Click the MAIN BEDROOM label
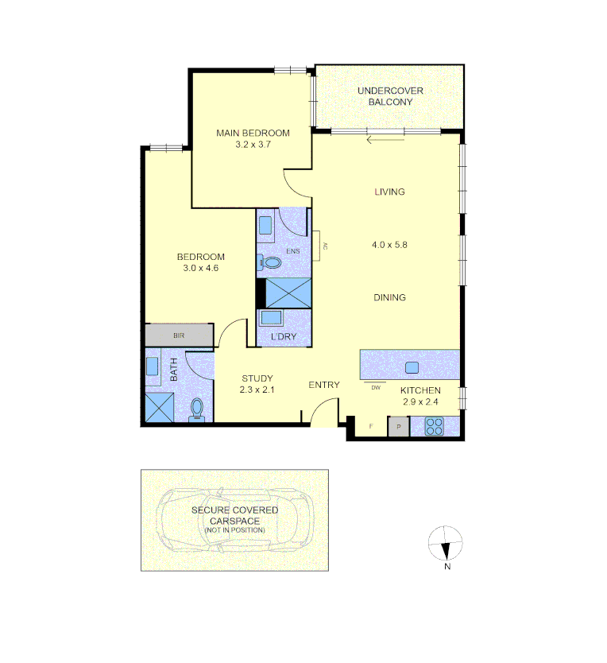pyautogui.click(x=253, y=133)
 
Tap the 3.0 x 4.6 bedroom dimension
pyautogui.click(x=201, y=268)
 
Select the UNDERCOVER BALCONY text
pyautogui.click(x=390, y=96)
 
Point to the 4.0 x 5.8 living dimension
pyautogui.click(x=389, y=245)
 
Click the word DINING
pyautogui.click(x=389, y=297)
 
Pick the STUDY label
pyautogui.click(x=257, y=378)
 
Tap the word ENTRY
pyautogui.click(x=324, y=385)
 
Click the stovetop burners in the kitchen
pyautogui.click(x=434, y=426)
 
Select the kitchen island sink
pyautogui.click(x=412, y=367)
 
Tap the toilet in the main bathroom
pyautogui.click(x=196, y=410)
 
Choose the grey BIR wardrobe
pyautogui.click(x=180, y=335)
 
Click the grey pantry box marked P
pyautogui.click(x=399, y=427)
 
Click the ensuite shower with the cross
pyautogui.click(x=288, y=293)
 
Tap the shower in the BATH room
pyautogui.click(x=160, y=407)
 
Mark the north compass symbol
pyautogui.click(x=445, y=543)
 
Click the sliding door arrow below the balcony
pyautogui.click(x=385, y=140)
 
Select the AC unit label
pyautogui.click(x=325, y=246)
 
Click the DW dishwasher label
pyautogui.click(x=376, y=388)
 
